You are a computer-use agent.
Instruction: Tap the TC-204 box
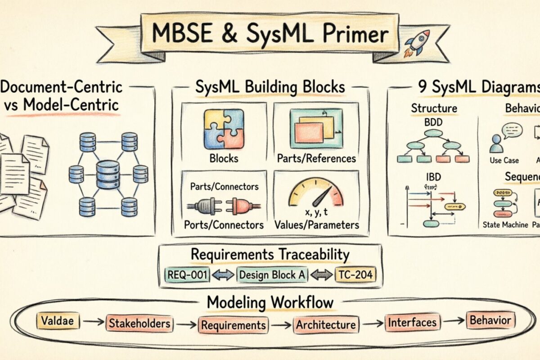click(x=355, y=274)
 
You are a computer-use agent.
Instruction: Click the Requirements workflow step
click(x=233, y=324)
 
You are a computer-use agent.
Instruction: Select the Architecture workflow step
click(x=326, y=324)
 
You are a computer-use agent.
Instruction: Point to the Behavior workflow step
click(x=490, y=320)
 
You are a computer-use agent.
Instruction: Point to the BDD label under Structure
click(x=433, y=121)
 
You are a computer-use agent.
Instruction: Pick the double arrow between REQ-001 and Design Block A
click(x=223, y=275)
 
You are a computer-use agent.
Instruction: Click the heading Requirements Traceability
click(x=270, y=254)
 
